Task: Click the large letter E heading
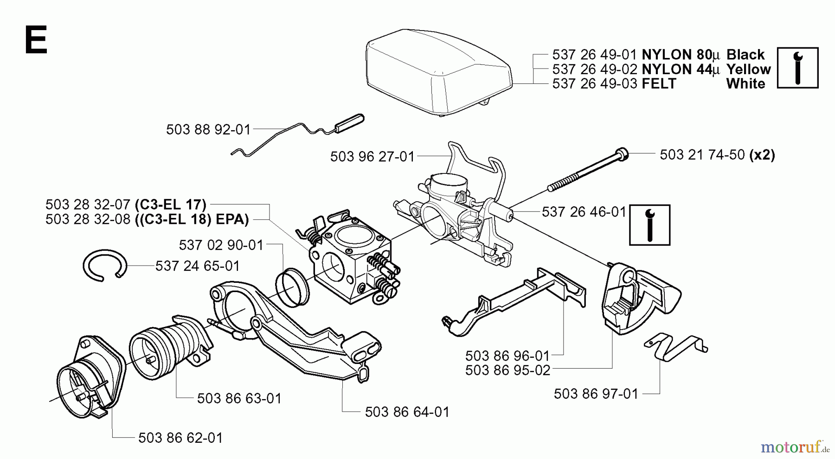click(x=35, y=40)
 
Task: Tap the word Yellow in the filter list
click(x=748, y=70)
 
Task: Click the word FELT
click(x=659, y=84)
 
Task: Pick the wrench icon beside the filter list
click(x=797, y=68)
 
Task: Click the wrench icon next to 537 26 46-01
click(x=649, y=225)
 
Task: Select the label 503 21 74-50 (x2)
click(x=717, y=155)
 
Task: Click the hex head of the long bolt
click(x=622, y=153)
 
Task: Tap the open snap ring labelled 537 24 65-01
click(x=104, y=266)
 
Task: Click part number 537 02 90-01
click(x=221, y=245)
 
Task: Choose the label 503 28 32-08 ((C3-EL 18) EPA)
click(x=147, y=219)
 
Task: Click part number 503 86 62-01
click(x=180, y=438)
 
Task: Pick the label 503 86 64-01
click(x=407, y=412)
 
